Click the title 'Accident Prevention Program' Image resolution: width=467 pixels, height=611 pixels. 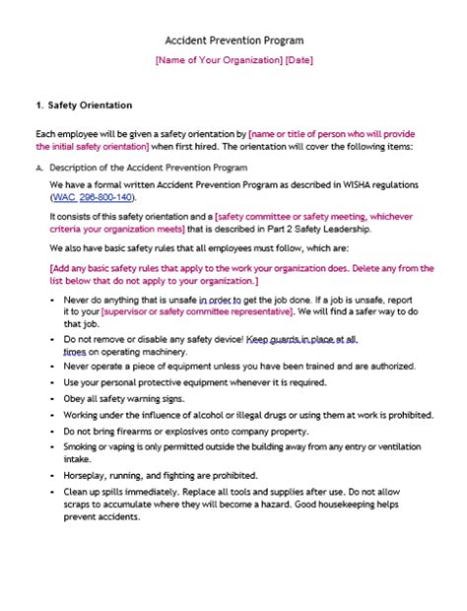coord(233,40)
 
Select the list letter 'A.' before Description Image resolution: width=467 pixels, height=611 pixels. coord(38,167)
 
